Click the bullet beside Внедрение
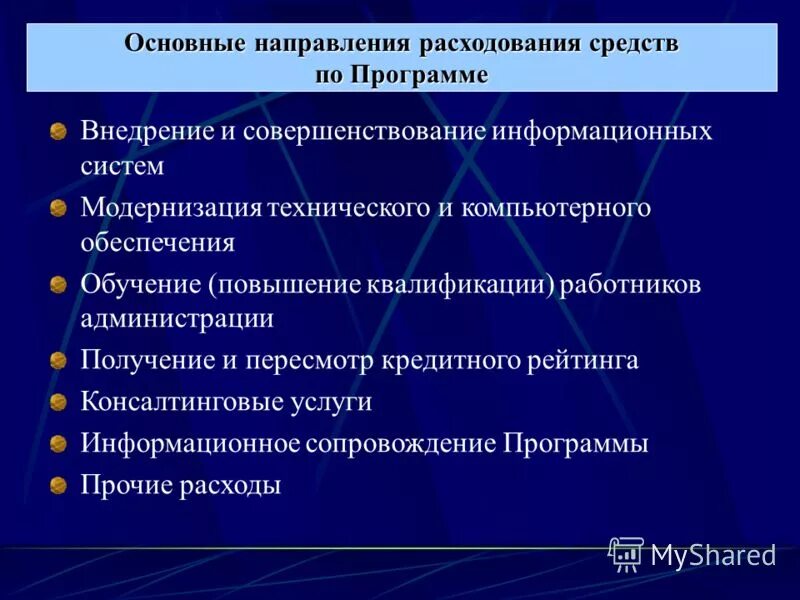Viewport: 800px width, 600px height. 59,132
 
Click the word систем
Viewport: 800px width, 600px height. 122,166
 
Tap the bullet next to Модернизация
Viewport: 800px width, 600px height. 59,208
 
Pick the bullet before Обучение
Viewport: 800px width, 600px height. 59,284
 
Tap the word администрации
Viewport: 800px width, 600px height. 177,318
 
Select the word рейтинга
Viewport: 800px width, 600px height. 583,360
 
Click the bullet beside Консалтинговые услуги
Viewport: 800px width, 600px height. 59,402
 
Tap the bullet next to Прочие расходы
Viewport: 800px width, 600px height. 59,486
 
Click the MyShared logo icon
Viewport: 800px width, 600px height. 626,553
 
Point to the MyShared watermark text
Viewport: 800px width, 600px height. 713,555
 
